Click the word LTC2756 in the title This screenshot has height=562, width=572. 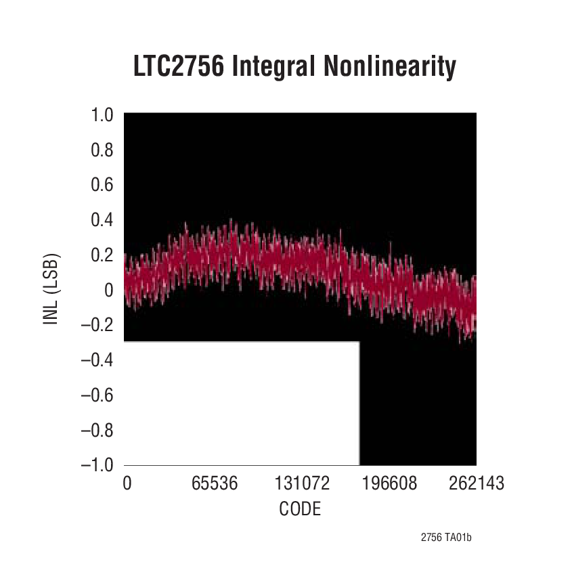pos(177,68)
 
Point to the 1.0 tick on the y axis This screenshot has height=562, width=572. pos(102,115)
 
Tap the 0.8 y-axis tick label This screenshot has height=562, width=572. pos(102,150)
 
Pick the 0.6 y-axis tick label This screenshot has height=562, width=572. pos(102,185)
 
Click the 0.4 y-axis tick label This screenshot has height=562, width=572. pos(102,220)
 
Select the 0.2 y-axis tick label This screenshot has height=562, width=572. pos(102,255)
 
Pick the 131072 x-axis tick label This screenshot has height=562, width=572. pos(303,483)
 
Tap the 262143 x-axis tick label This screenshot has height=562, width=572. pos(476,483)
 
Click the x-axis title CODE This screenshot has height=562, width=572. pos(300,509)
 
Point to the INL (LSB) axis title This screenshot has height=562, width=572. pos(51,289)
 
